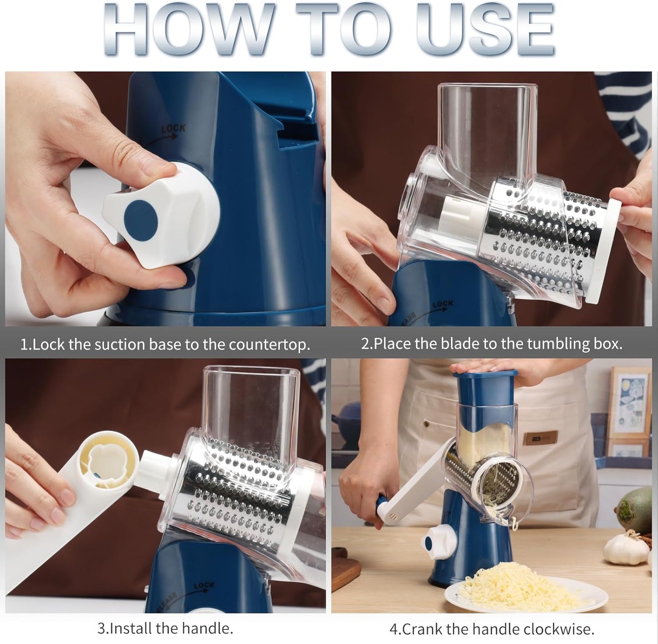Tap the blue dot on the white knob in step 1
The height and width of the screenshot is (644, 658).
(141, 217)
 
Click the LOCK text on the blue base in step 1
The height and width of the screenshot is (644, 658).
(173, 129)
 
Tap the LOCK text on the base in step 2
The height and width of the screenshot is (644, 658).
(443, 304)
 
